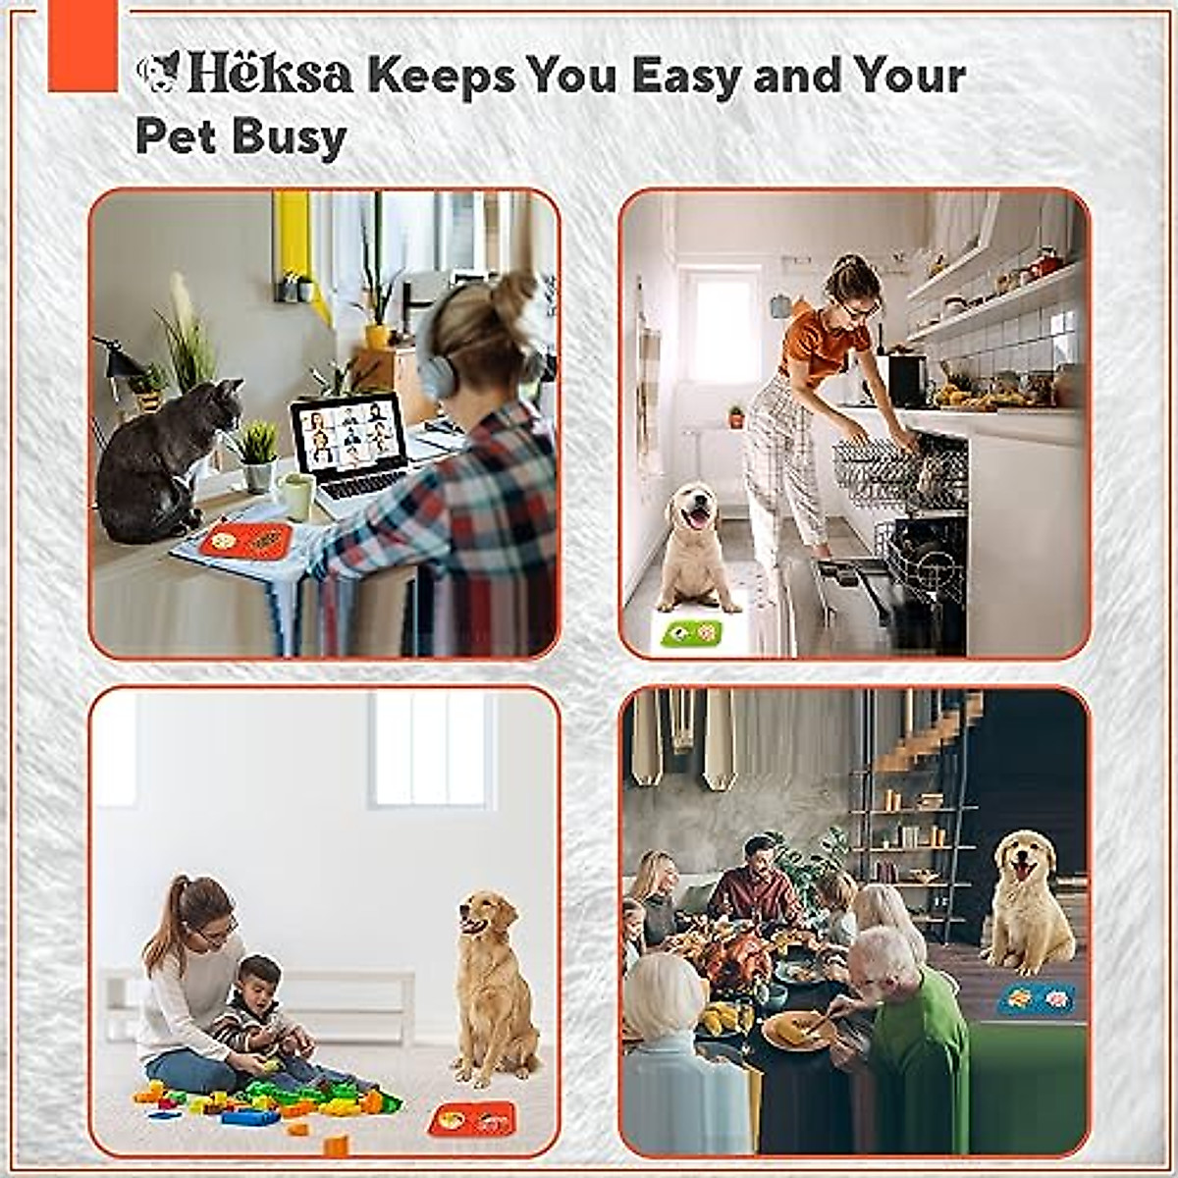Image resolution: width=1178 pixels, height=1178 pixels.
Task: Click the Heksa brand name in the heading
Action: click(270, 75)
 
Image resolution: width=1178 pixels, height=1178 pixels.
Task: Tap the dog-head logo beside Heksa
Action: click(159, 73)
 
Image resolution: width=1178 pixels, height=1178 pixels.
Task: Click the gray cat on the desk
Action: click(157, 461)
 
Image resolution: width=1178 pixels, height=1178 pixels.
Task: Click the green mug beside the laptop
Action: click(295, 496)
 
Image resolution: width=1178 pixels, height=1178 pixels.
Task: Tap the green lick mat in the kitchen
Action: click(691, 633)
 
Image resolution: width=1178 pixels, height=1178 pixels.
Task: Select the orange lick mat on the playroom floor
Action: click(472, 1118)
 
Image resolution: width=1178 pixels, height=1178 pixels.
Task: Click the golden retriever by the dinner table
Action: click(1026, 903)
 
